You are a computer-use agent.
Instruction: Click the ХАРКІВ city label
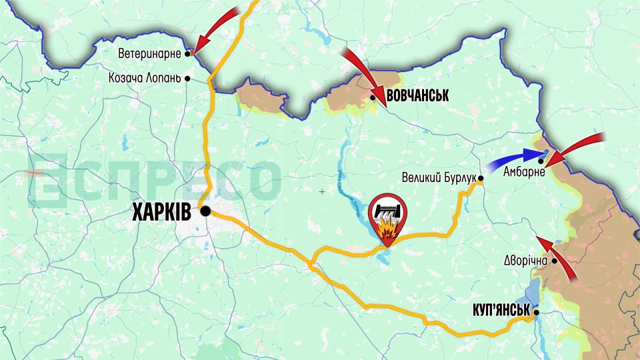tap(162, 212)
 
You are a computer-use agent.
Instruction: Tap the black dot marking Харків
tap(205, 211)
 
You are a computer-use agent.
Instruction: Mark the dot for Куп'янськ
tap(536, 311)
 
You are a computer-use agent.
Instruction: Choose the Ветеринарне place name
tap(150, 53)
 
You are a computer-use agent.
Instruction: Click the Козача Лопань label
tap(145, 78)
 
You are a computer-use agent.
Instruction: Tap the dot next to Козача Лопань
tap(188, 78)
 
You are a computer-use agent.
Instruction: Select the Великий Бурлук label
tap(438, 178)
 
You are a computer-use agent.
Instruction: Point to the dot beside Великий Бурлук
tap(480, 178)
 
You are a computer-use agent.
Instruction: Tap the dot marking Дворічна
tap(554, 261)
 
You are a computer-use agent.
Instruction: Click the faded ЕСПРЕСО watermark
tap(153, 178)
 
